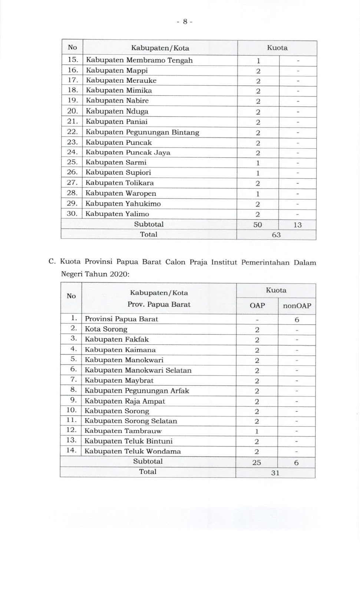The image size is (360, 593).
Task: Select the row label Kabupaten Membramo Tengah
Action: [139, 60]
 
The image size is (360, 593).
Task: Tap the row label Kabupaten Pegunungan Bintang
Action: [142, 132]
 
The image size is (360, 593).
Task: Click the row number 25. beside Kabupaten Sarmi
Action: [72, 162]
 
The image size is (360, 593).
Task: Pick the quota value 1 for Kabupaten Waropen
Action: [258, 194]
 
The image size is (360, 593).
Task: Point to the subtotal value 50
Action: [257, 225]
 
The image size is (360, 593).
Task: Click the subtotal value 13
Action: [297, 225]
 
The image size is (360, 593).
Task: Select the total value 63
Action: [276, 235]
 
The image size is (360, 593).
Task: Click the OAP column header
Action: [257, 306]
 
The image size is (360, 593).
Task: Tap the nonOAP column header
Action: [297, 306]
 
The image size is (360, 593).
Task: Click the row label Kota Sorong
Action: [106, 329]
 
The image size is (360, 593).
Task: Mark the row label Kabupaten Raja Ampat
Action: [125, 401]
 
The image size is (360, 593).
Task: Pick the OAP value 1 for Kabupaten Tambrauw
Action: [257, 431]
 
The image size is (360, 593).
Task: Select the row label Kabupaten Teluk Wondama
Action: [133, 451]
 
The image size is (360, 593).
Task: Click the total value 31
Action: [275, 473]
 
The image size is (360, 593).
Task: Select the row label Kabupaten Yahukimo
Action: [123, 204]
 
